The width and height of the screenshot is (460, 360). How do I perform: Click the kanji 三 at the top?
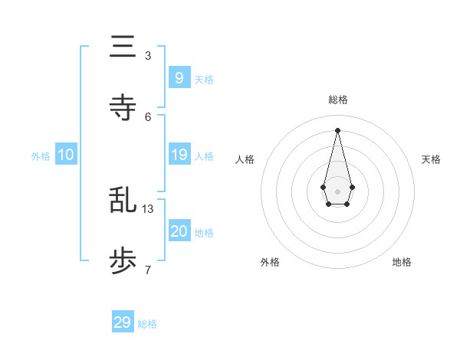(x=123, y=47)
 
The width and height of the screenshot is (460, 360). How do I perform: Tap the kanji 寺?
(x=123, y=107)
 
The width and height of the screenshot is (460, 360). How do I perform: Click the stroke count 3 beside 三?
(x=147, y=56)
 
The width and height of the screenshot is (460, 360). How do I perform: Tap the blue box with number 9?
(x=179, y=77)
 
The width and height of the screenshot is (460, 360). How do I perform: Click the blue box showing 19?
(x=179, y=155)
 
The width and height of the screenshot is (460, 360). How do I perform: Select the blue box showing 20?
(x=179, y=231)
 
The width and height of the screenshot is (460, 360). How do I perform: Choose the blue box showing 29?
(x=123, y=322)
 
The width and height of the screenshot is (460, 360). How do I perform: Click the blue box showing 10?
(x=66, y=155)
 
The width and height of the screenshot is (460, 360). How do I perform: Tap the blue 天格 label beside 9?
(x=204, y=80)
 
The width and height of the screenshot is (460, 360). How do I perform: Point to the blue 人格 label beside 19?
(x=204, y=157)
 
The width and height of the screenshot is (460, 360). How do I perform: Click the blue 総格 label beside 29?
(x=147, y=325)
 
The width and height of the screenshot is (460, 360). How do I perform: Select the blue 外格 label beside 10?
(x=41, y=157)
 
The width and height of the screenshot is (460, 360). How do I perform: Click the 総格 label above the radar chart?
(x=337, y=100)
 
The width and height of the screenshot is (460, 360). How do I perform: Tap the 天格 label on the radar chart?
(x=431, y=159)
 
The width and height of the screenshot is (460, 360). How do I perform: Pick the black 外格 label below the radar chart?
(x=270, y=262)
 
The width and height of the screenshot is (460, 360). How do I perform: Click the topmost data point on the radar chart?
(x=337, y=129)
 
